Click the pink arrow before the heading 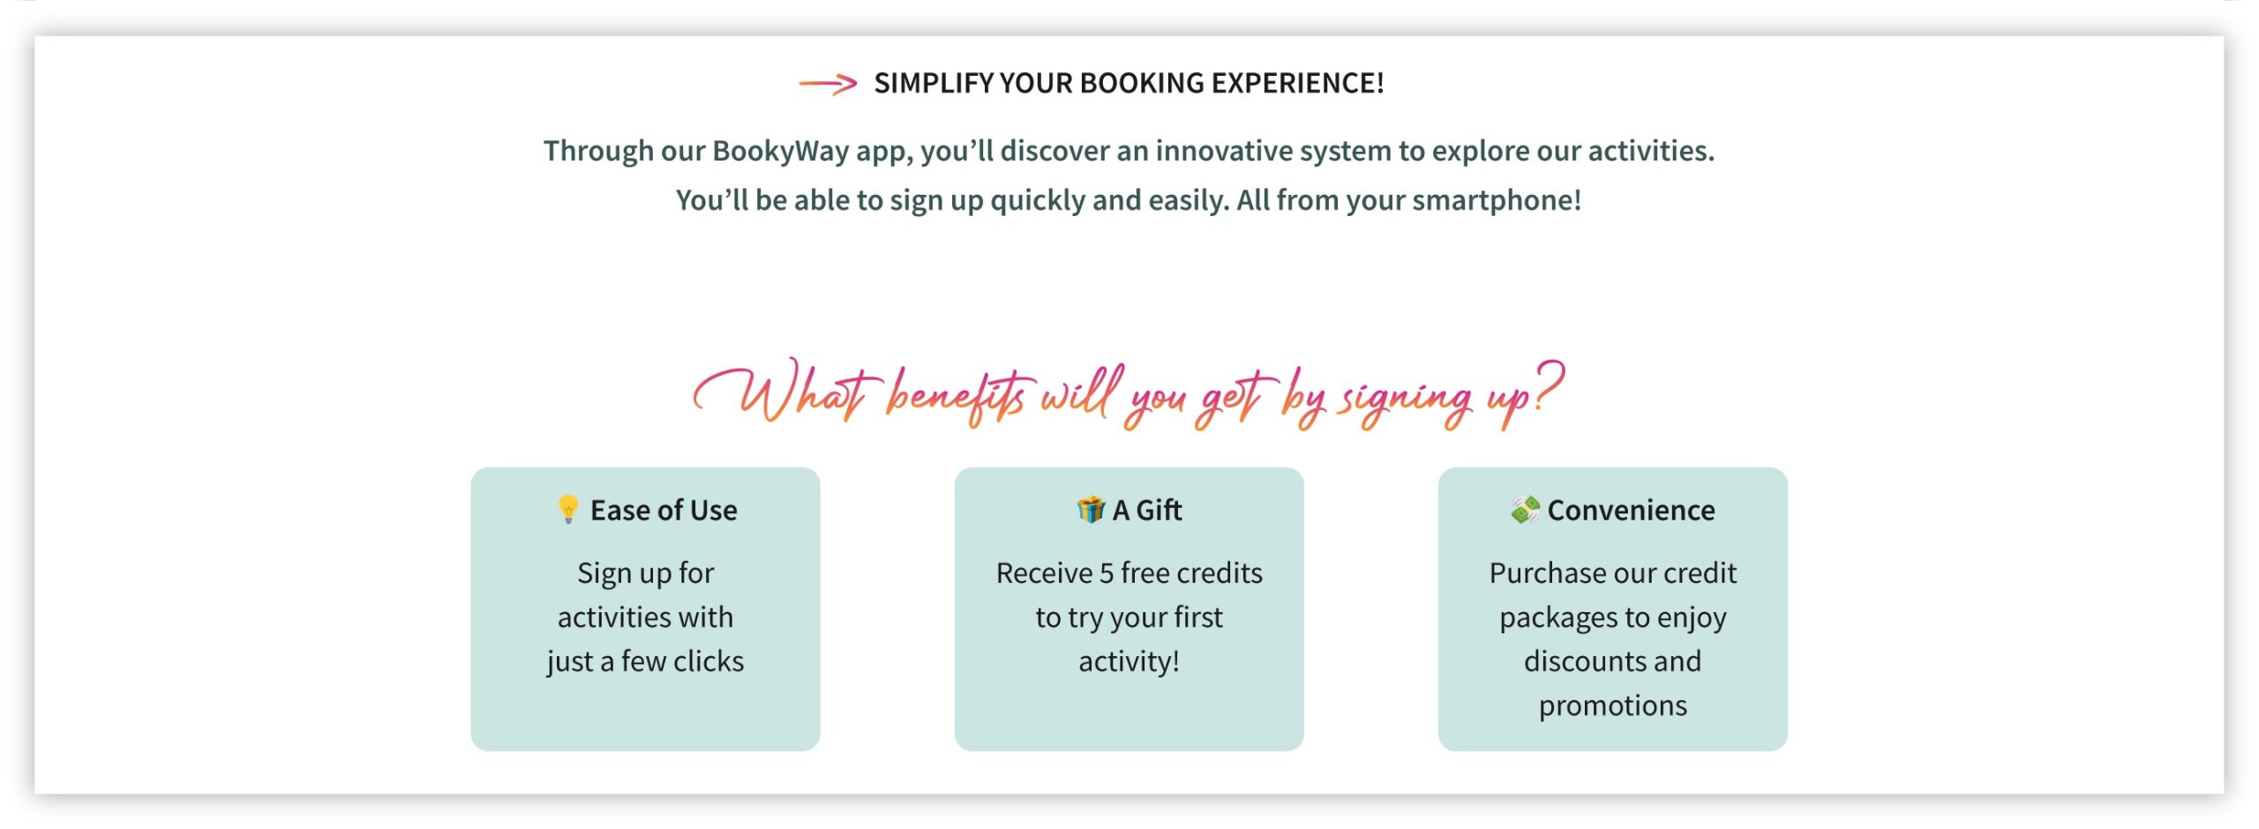[x=827, y=84]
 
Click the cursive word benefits [x=957, y=397]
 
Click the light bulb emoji [x=568, y=509]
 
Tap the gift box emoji [x=1091, y=509]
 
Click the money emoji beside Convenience [x=1525, y=509]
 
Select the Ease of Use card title [x=664, y=510]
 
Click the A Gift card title [x=1146, y=510]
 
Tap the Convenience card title [x=1631, y=510]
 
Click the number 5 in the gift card [x=1107, y=573]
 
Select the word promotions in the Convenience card [x=1612, y=706]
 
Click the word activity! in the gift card [x=1129, y=661]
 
